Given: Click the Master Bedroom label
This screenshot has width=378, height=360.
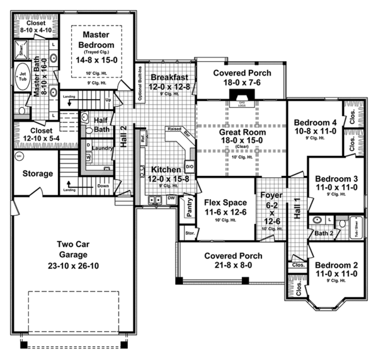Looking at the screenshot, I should click(x=96, y=40).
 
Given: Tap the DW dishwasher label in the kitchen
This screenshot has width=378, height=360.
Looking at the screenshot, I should click(x=171, y=198).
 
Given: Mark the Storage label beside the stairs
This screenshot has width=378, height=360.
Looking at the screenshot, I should click(x=38, y=173).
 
